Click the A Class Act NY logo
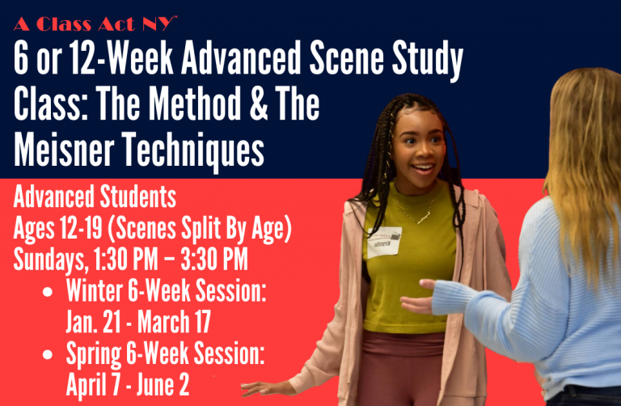coord(95,23)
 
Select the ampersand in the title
coord(259,104)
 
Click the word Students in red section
coord(137,197)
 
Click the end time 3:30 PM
coord(214,260)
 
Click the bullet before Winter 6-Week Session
coord(48,292)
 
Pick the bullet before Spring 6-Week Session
coord(48,354)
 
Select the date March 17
coord(174,322)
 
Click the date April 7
coord(93,385)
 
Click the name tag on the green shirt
coord(384,243)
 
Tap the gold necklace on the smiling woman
coord(415,214)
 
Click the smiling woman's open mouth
coord(423,169)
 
